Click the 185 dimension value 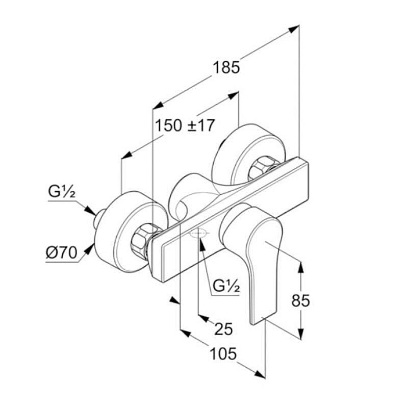pos(226,67)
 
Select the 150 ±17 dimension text pos(185,125)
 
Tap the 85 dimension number pos(300,300)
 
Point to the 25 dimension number pos(223,329)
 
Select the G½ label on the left pos(62,193)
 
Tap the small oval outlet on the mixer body pos(198,235)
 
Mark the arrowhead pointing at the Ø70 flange pos(90,249)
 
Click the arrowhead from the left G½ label pos(89,209)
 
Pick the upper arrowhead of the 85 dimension pos(301,266)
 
